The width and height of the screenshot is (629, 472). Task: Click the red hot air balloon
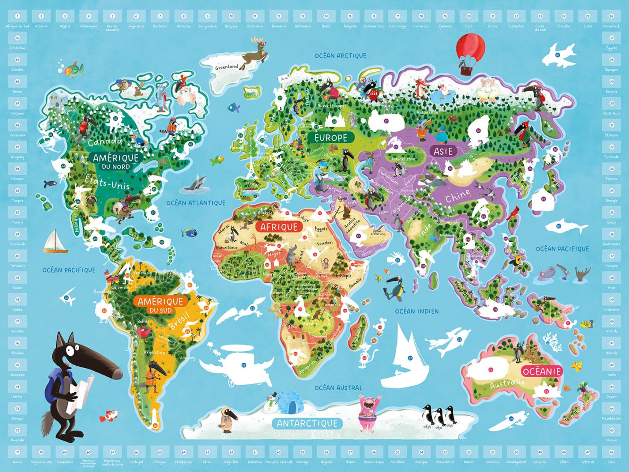(x=470, y=49)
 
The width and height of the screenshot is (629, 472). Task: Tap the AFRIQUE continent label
(x=279, y=227)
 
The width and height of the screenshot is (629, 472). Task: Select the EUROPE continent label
(x=331, y=138)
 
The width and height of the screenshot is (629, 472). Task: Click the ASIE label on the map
(x=444, y=151)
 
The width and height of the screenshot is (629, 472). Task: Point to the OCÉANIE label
(x=542, y=371)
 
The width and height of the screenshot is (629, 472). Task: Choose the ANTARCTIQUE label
(x=307, y=423)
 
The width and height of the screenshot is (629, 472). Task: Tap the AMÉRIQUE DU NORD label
(x=116, y=161)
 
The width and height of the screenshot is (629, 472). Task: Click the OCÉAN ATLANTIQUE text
(x=196, y=203)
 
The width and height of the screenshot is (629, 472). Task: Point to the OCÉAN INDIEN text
(x=417, y=312)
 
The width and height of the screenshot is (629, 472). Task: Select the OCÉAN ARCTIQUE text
(x=340, y=56)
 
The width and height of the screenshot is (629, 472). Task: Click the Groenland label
(x=226, y=67)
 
